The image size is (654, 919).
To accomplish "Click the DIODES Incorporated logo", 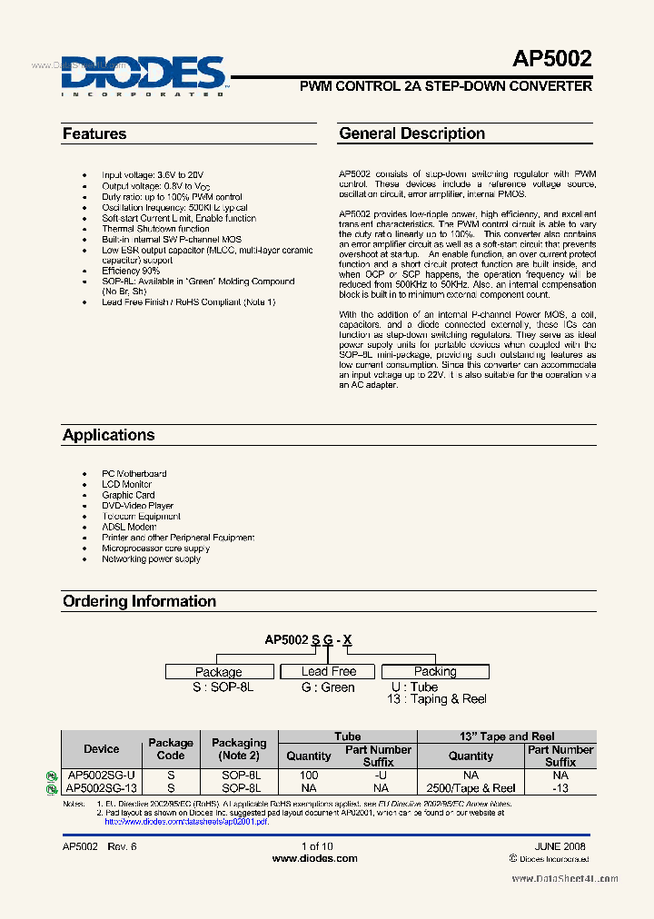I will [x=144, y=74].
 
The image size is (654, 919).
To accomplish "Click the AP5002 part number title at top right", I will [x=551, y=60].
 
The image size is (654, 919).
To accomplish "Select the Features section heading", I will [x=94, y=134].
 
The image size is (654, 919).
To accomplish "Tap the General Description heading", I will [x=411, y=133].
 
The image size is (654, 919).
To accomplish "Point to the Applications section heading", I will [x=108, y=435].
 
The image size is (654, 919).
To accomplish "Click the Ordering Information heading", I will [x=139, y=601].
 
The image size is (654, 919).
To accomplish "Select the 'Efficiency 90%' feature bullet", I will [x=131, y=271].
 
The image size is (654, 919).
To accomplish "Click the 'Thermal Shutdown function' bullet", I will [x=155, y=229].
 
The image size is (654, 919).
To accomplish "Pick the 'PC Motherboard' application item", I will [x=134, y=474].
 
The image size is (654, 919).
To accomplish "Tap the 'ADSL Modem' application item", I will [x=129, y=527].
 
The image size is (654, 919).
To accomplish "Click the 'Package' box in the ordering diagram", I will [x=218, y=672].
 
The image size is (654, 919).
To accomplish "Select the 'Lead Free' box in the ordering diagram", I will [x=329, y=671].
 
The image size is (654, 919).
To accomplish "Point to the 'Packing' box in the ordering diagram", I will [x=435, y=671].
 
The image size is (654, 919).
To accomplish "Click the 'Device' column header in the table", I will [x=101, y=749].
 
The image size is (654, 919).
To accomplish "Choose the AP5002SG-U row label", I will [x=101, y=776].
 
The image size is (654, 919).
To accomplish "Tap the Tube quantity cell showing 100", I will [x=309, y=776].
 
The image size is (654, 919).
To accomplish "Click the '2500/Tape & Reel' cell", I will [x=471, y=788].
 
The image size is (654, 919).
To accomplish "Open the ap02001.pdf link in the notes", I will [x=186, y=821].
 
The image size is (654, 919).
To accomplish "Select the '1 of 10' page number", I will [x=317, y=846].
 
